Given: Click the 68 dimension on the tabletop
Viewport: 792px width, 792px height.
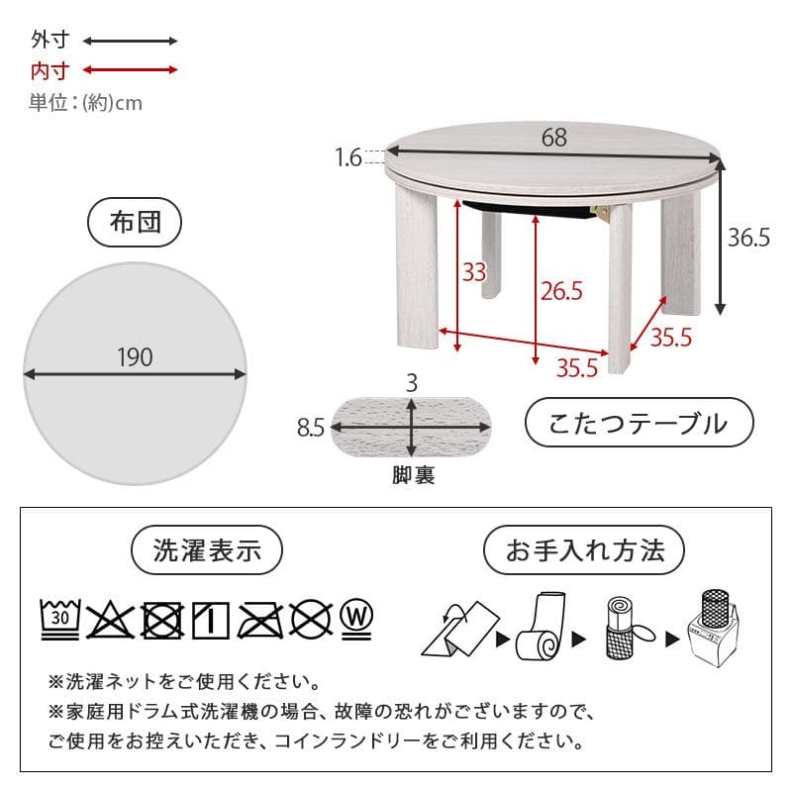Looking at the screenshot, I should [554, 138].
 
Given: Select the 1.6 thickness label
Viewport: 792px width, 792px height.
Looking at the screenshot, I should [347, 156].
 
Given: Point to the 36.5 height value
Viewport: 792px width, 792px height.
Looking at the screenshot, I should [748, 239].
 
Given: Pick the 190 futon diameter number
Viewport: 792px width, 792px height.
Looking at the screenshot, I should [135, 357].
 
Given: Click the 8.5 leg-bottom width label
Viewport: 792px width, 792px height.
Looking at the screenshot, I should [310, 428].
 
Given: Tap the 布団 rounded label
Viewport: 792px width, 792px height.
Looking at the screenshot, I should [135, 223].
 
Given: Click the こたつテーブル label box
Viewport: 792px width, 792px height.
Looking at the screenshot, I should [639, 424].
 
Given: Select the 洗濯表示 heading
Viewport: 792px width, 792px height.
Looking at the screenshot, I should [208, 550].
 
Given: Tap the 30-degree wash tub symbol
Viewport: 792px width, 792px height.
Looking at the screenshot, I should [59, 620].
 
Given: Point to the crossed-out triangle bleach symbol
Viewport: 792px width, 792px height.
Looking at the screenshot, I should [111, 620].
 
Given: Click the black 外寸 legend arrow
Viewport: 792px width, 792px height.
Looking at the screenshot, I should [130, 42].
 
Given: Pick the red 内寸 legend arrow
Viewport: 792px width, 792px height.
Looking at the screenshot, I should [130, 70].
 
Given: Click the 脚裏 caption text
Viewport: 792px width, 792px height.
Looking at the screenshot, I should [412, 476].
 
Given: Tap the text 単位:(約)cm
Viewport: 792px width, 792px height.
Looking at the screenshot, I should [86, 102].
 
